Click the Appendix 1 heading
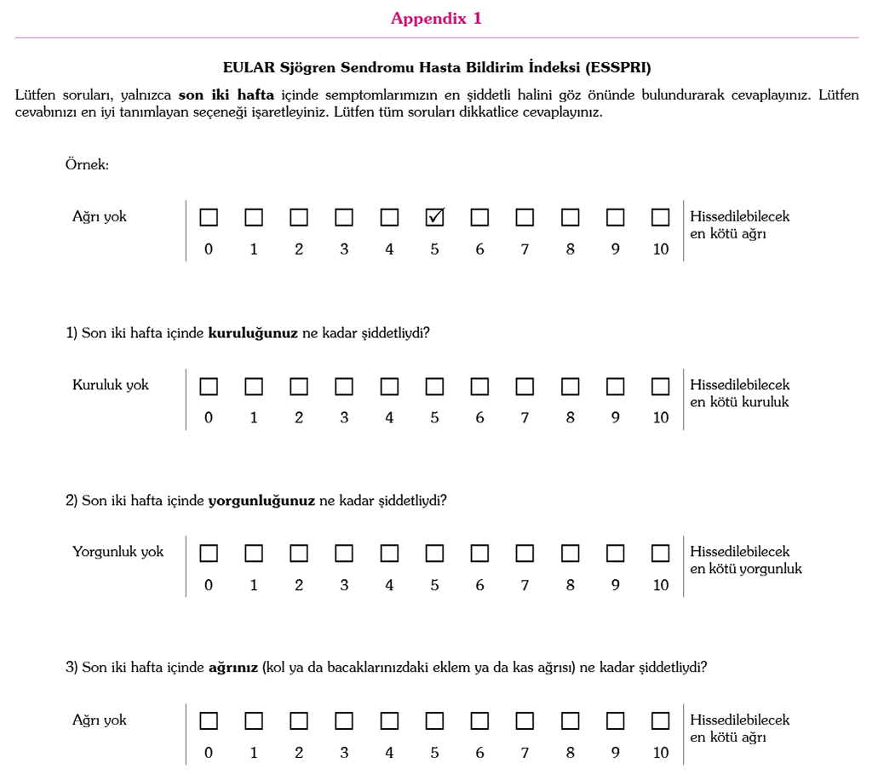(x=436, y=19)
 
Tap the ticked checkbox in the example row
(x=434, y=217)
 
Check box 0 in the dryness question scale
(x=209, y=387)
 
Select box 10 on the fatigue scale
(x=660, y=553)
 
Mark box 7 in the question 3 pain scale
(x=525, y=721)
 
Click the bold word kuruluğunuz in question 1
(x=253, y=333)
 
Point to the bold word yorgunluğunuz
(x=261, y=501)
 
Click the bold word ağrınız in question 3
(x=233, y=668)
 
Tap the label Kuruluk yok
(x=111, y=385)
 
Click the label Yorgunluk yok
(x=118, y=552)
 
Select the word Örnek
(x=87, y=164)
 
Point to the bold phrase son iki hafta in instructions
(x=227, y=95)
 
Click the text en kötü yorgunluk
(x=746, y=569)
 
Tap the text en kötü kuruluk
(x=739, y=402)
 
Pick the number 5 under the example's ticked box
(x=434, y=250)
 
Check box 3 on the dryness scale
(x=344, y=387)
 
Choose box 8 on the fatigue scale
(x=570, y=553)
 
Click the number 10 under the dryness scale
(x=661, y=418)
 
